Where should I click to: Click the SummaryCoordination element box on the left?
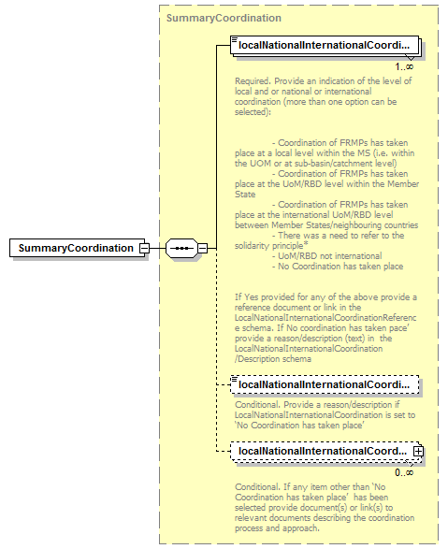75,248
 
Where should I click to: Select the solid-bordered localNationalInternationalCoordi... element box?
324,44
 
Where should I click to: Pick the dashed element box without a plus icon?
324,383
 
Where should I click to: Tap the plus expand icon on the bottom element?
419,451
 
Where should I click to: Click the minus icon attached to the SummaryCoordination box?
143,248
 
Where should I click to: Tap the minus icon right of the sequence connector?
202,248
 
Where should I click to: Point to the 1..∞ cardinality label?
403,66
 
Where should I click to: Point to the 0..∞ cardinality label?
403,472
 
